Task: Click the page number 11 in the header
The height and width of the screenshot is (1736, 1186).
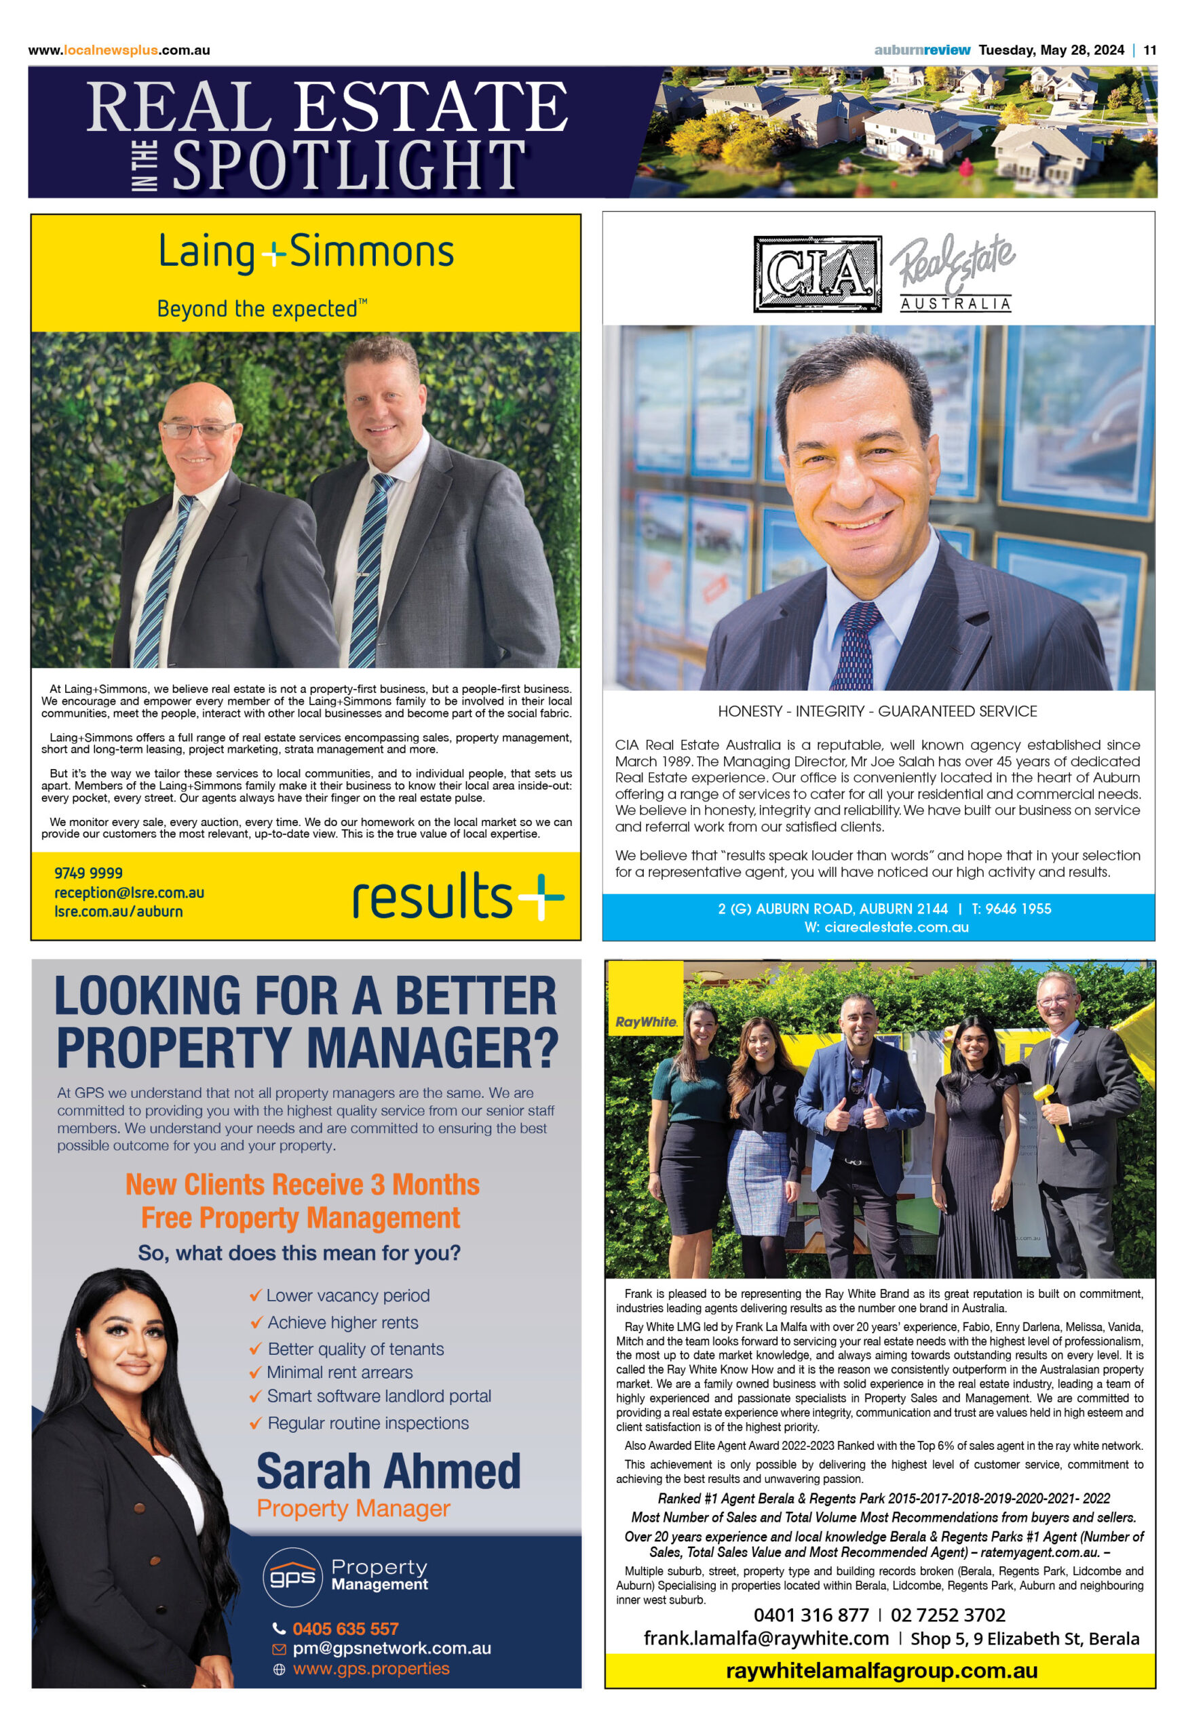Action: (1149, 50)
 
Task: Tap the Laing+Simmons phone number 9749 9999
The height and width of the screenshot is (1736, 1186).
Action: (88, 873)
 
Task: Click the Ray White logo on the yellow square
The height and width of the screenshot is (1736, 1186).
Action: (646, 1021)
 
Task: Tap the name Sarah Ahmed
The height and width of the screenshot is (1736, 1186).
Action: (388, 1471)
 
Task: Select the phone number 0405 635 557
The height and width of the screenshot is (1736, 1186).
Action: (345, 1627)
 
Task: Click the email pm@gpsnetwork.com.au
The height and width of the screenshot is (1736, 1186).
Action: (391, 1647)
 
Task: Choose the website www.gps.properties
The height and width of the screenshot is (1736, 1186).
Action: (370, 1668)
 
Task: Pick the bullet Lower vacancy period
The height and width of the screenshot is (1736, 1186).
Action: (347, 1295)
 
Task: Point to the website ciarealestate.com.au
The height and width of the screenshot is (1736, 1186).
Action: (885, 927)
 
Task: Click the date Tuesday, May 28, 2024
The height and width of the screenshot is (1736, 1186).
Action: (1051, 50)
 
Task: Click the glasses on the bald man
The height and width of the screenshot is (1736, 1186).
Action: (199, 429)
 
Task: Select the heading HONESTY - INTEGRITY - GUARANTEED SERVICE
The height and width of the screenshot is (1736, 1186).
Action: (877, 711)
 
